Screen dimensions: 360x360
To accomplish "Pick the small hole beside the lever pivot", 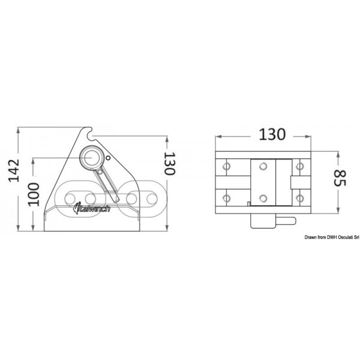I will (x=108, y=158).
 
